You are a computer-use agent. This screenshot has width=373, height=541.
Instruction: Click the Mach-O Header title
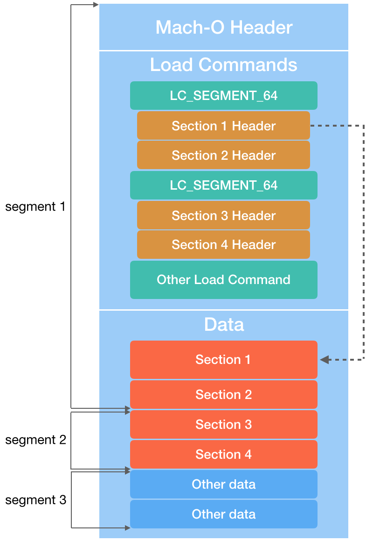pyautogui.click(x=224, y=27)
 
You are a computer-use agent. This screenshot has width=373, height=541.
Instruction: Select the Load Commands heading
pyautogui.click(x=223, y=64)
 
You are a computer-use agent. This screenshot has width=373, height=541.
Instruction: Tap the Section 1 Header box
pyautogui.click(x=223, y=126)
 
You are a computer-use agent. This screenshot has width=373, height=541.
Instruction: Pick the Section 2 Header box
pyautogui.click(x=223, y=155)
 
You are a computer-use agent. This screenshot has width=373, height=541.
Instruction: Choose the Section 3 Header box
pyautogui.click(x=223, y=215)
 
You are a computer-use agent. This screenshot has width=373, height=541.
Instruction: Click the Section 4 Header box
pyautogui.click(x=223, y=245)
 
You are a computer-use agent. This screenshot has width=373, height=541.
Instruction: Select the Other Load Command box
pyautogui.click(x=223, y=280)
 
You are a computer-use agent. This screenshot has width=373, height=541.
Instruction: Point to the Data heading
pyautogui.click(x=224, y=324)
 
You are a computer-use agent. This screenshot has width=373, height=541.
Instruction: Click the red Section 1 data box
pyautogui.click(x=223, y=360)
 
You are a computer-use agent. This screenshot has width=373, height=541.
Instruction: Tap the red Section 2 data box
pyautogui.click(x=223, y=394)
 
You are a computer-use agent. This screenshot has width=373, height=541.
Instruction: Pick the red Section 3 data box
pyautogui.click(x=223, y=424)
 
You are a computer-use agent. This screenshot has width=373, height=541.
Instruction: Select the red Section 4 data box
pyautogui.click(x=223, y=454)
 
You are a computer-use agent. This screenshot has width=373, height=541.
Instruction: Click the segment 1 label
pyautogui.click(x=35, y=206)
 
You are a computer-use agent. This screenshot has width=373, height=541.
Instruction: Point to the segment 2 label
pyautogui.click(x=35, y=440)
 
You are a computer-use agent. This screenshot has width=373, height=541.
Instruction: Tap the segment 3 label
pyautogui.click(x=35, y=500)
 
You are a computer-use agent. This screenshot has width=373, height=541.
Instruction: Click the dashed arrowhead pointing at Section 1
pyautogui.click(x=324, y=360)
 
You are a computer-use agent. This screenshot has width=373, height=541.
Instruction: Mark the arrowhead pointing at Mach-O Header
pyautogui.click(x=96, y=5)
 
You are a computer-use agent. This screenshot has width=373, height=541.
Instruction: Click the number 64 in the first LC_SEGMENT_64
pyautogui.click(x=270, y=96)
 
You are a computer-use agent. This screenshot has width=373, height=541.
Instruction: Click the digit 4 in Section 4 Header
pyautogui.click(x=224, y=245)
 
